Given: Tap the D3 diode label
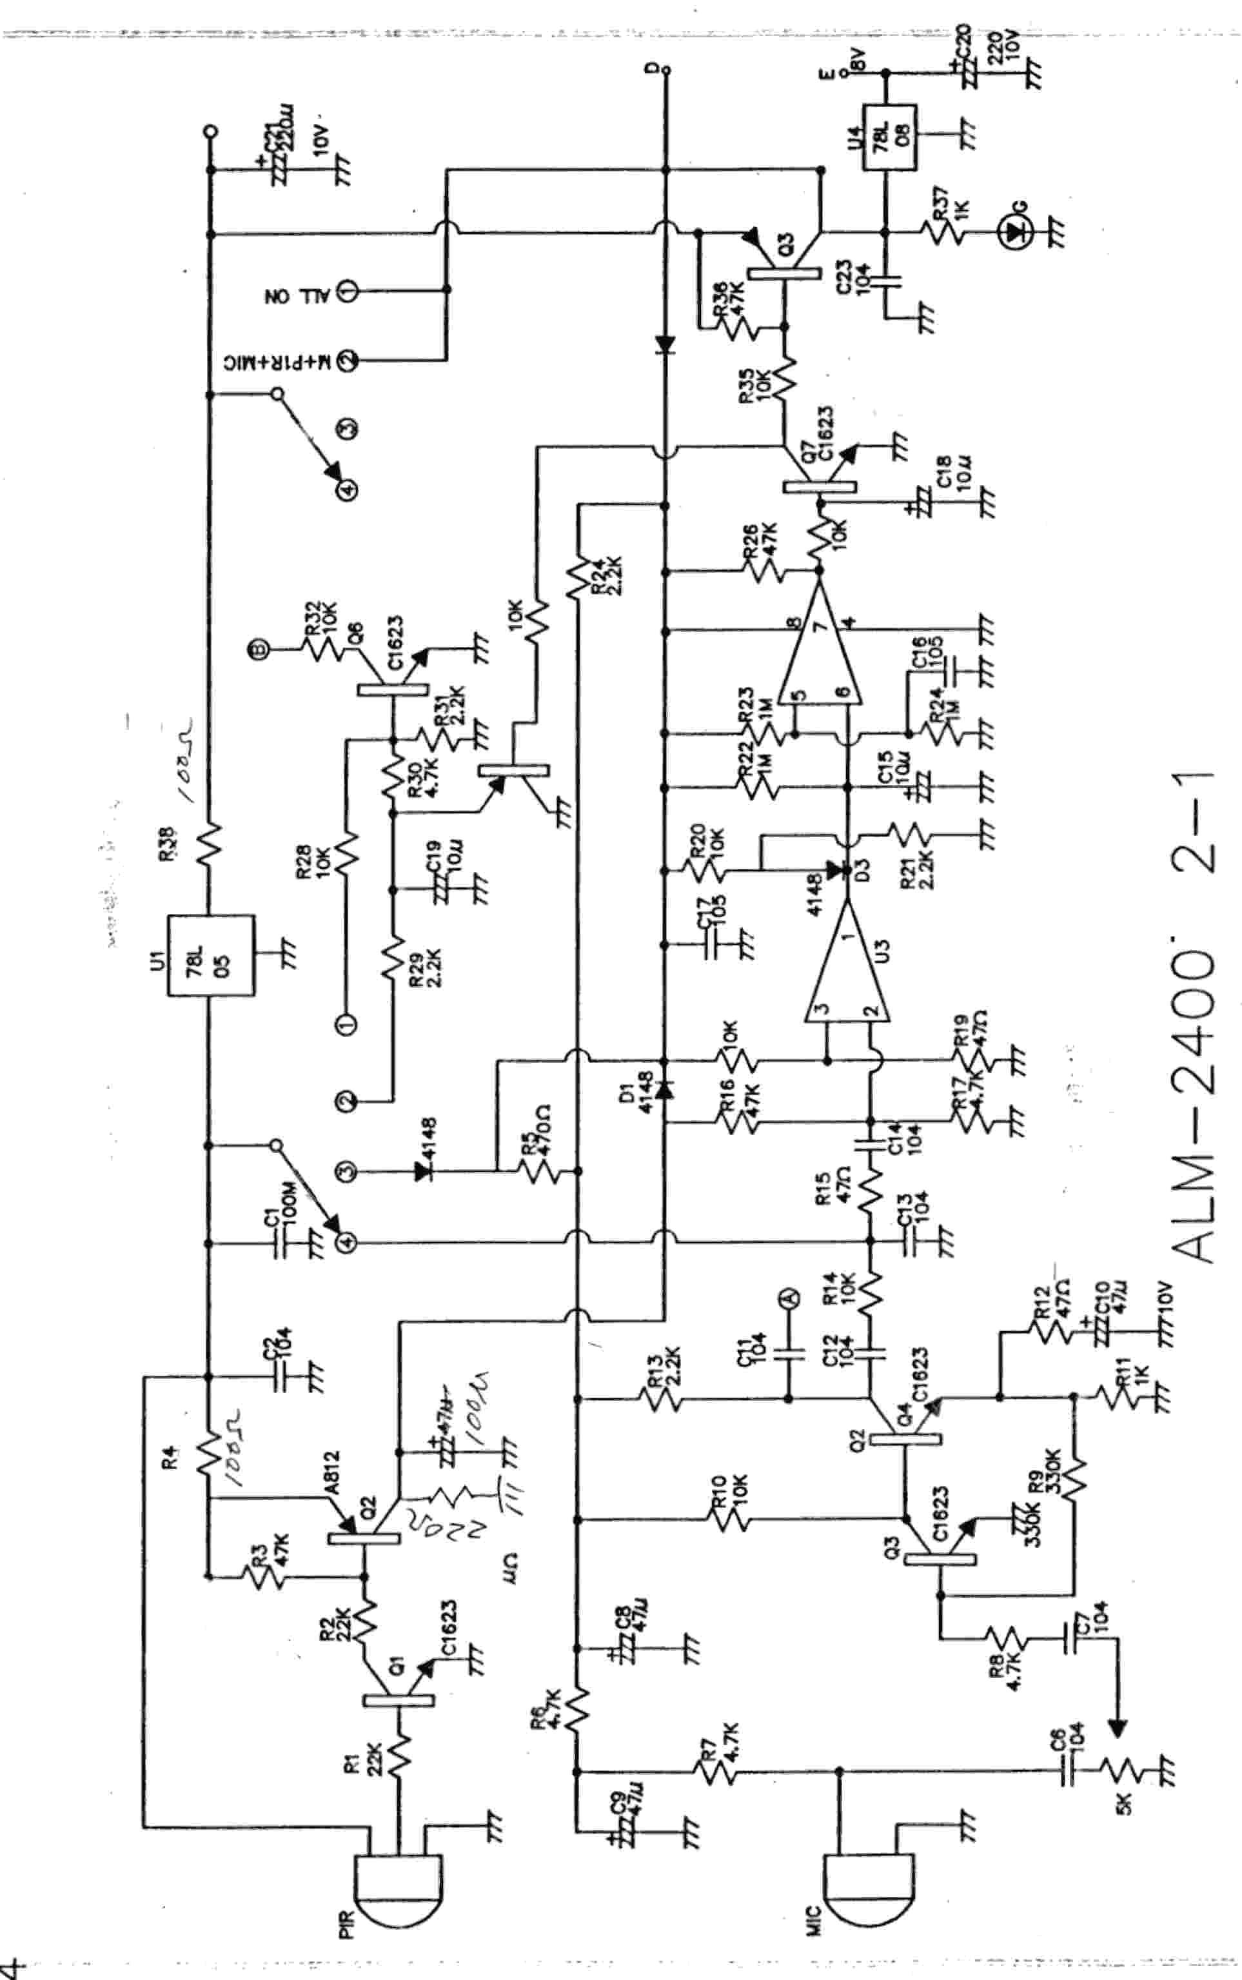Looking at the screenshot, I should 862,867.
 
